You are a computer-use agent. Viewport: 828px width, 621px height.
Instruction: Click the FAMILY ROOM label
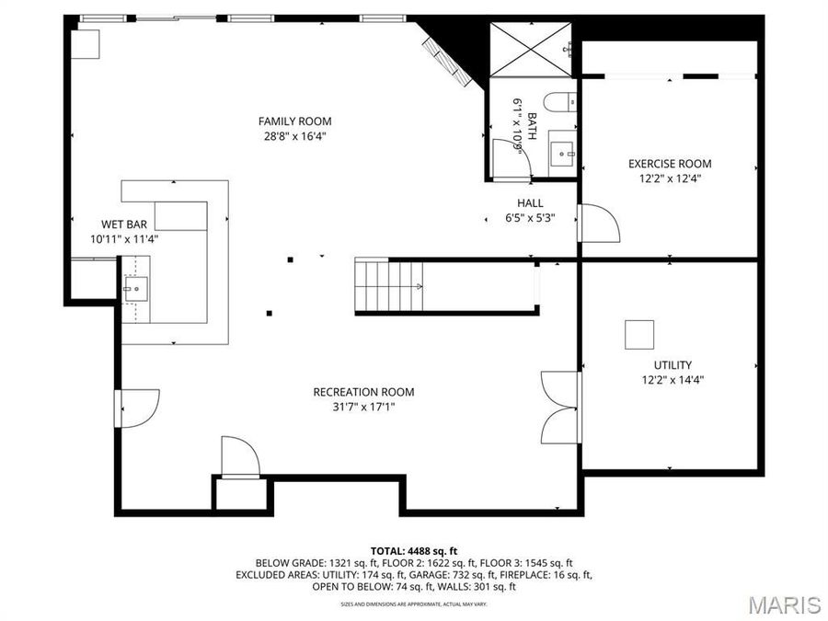tap(294, 121)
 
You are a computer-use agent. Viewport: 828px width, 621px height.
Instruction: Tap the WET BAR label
tap(121, 224)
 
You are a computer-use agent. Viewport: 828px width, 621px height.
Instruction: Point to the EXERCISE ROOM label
tap(669, 164)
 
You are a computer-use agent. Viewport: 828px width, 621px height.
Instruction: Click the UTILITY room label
tap(673, 365)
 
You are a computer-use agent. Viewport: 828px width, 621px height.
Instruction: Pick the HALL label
tap(530, 203)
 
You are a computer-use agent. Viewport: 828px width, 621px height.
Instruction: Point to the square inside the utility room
tap(639, 334)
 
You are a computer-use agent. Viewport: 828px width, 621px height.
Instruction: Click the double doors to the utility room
tap(561, 408)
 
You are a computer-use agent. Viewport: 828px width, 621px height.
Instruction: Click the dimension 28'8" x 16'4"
tap(294, 135)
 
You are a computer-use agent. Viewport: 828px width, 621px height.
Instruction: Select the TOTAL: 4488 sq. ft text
tap(414, 550)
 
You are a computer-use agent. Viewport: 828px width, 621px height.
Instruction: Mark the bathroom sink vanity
tap(560, 152)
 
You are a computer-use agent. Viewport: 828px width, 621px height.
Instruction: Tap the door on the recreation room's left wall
tap(137, 408)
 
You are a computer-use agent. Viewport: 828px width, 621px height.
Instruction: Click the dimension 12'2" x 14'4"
tap(673, 379)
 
